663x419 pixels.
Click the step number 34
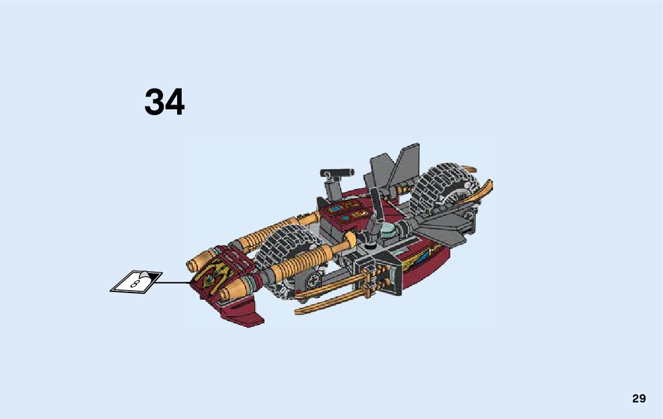(x=164, y=102)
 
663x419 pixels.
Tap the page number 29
(x=639, y=398)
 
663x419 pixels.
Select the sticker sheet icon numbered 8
(x=137, y=281)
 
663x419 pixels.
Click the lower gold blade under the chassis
(x=331, y=304)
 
